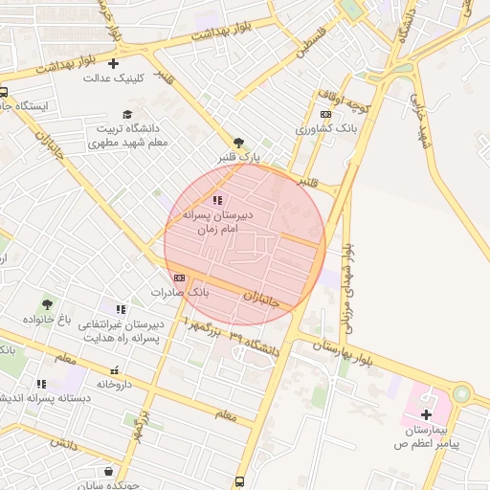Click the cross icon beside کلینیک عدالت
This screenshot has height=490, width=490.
click(x=114, y=63)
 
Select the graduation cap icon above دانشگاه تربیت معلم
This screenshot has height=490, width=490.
click(x=126, y=114)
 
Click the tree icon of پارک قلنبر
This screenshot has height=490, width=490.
click(x=238, y=142)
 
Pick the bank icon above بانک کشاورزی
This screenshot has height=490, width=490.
click(x=325, y=114)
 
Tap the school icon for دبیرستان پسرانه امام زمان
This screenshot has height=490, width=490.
click(x=217, y=200)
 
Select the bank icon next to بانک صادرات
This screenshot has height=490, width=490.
click(x=180, y=278)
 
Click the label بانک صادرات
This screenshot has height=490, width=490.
click(x=180, y=291)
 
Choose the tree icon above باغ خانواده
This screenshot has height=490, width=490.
click(x=47, y=304)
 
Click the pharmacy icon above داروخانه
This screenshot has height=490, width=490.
click(x=116, y=370)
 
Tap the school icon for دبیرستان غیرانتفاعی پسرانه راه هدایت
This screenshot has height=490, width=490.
click(x=121, y=308)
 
